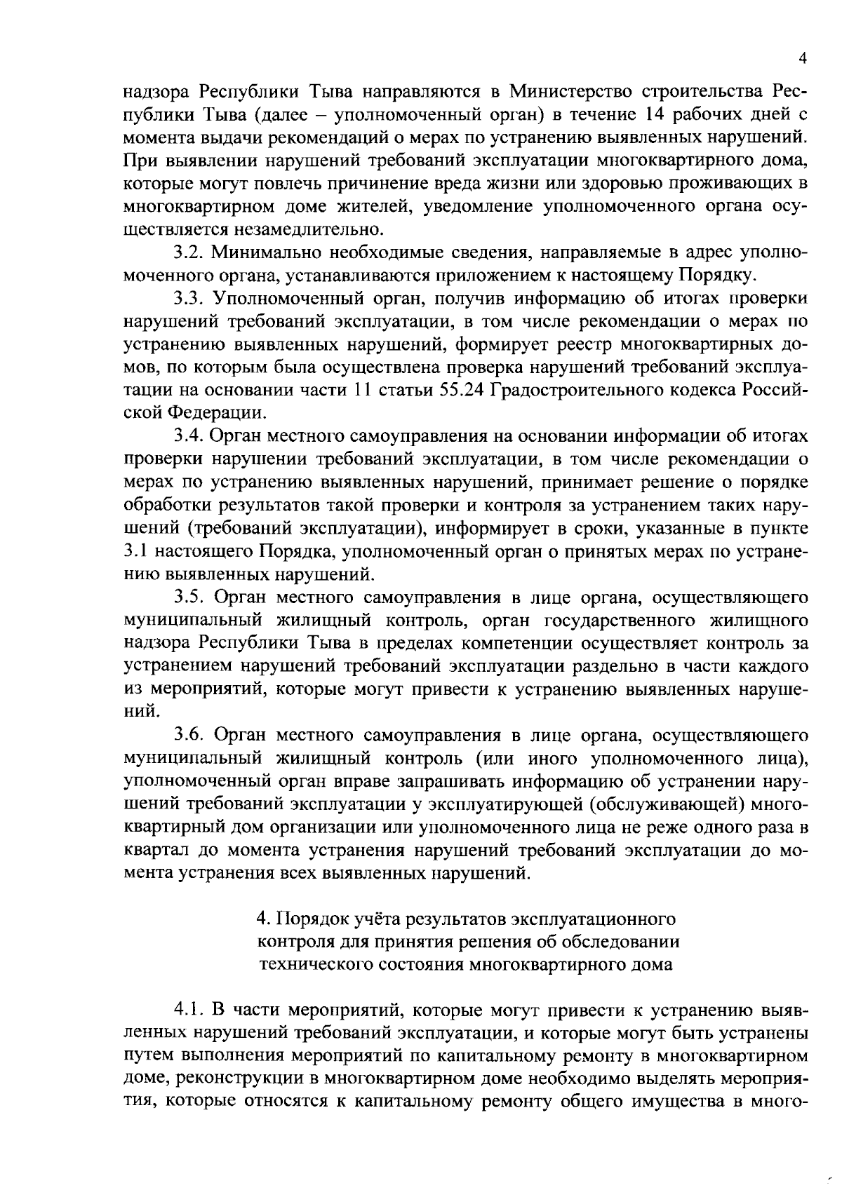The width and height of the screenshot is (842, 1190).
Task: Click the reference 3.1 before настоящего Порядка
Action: coord(133,551)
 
